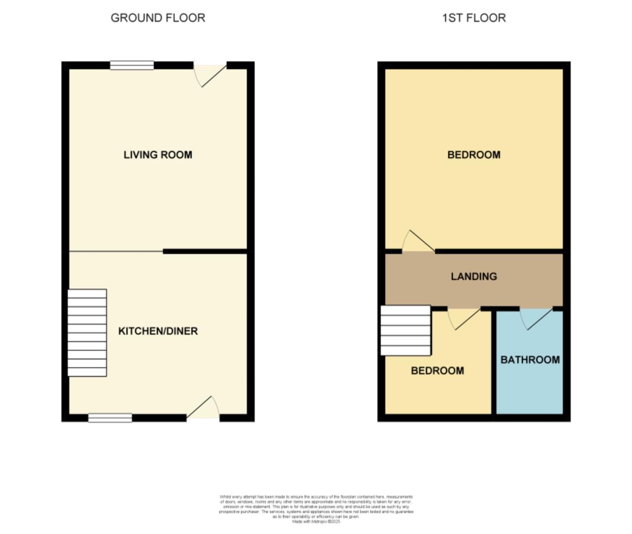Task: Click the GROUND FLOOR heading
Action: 158,18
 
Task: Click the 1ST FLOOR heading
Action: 473,18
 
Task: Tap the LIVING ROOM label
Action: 158,155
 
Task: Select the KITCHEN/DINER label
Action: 158,331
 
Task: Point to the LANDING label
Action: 473,276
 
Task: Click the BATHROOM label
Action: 530,360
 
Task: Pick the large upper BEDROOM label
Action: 473,155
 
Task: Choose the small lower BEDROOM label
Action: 437,371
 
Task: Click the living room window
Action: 132,65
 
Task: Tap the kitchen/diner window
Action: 110,418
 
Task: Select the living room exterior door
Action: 210,74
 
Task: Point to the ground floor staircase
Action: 87,333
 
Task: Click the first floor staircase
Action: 406,330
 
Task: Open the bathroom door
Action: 536,318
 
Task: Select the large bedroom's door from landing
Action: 418,242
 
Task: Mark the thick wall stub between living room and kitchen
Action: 205,252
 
